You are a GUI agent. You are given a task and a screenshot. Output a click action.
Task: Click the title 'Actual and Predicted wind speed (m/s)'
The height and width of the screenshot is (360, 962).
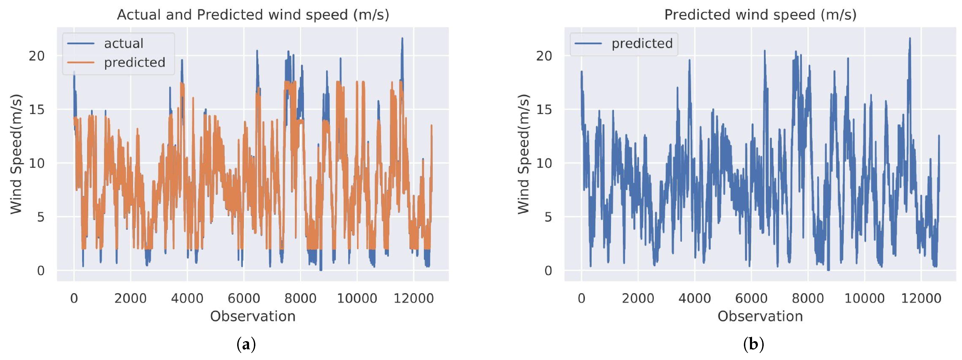[x=253, y=15]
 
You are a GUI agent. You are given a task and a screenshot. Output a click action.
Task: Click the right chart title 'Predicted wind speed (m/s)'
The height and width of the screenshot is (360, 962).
[x=760, y=15]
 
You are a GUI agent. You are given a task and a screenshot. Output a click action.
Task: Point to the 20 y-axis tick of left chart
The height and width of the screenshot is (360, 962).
[x=37, y=56]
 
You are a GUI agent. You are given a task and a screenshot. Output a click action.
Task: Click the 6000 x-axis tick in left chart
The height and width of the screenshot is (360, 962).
[x=244, y=298]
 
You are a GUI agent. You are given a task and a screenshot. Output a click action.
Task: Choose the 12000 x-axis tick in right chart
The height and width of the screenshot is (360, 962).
[x=921, y=298]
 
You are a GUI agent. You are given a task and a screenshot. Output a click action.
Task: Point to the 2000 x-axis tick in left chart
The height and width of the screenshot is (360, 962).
[x=130, y=298]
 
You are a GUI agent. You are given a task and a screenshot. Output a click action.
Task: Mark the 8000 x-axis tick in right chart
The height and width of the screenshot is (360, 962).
[x=808, y=298]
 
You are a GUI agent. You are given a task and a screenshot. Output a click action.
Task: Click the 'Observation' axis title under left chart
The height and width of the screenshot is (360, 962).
[x=253, y=316]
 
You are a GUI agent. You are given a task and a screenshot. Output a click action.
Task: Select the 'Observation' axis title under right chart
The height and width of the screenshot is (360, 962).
[x=760, y=316]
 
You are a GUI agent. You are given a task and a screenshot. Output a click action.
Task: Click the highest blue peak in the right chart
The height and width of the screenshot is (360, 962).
[x=910, y=38]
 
